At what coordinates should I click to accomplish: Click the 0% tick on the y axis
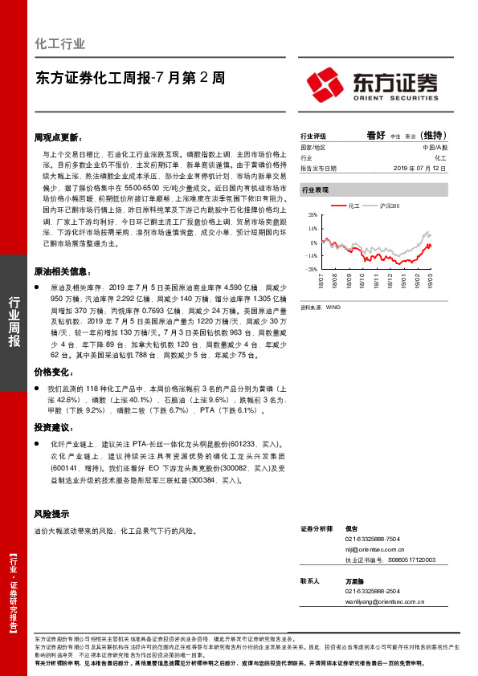point(313,242)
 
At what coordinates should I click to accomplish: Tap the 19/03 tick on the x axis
point(431,279)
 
